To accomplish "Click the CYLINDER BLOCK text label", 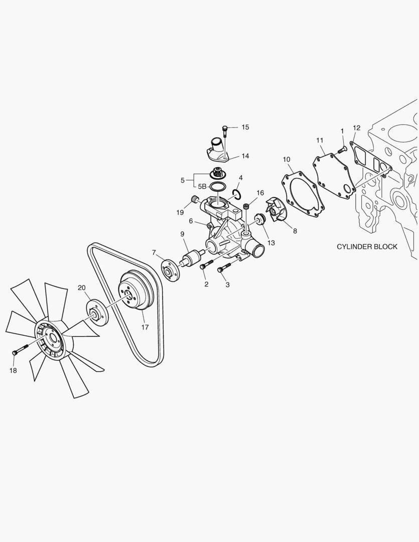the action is [367, 247].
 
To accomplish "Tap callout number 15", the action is [245, 127].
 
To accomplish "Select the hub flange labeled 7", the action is [170, 269].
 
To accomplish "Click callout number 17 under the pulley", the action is [145, 327].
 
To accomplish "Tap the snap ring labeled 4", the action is [236, 194].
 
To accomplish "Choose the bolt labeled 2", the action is [206, 264].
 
